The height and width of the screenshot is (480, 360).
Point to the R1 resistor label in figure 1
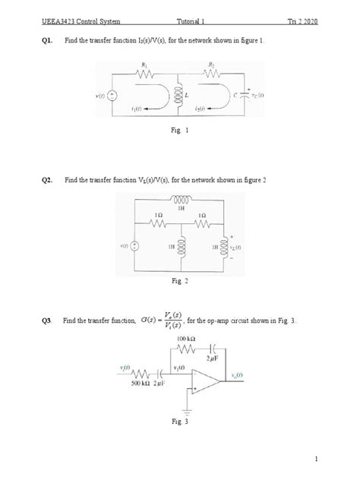coord(144,67)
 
